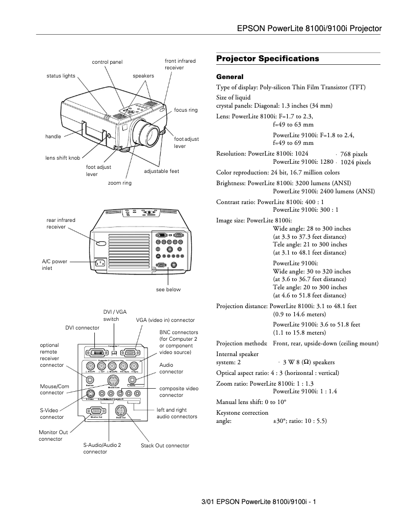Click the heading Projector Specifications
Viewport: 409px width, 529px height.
[268, 59]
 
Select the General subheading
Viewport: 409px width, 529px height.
[231, 77]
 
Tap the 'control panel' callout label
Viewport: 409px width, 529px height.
[107, 62]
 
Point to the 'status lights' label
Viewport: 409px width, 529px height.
[61, 76]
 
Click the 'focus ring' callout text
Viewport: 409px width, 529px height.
[186, 110]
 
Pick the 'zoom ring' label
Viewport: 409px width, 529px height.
[119, 183]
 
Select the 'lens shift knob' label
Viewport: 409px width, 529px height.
[66, 158]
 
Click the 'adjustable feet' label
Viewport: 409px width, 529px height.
[162, 171]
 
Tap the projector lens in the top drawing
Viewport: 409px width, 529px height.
[147, 133]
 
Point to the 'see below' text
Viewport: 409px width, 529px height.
[168, 290]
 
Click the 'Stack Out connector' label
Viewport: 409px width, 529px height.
[165, 445]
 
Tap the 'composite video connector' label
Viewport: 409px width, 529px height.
[177, 392]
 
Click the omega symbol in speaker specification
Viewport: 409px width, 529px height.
[306, 363]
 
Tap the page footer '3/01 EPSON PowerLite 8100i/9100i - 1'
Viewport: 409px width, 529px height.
[259, 502]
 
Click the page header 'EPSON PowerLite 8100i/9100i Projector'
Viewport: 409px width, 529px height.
[310, 29]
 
